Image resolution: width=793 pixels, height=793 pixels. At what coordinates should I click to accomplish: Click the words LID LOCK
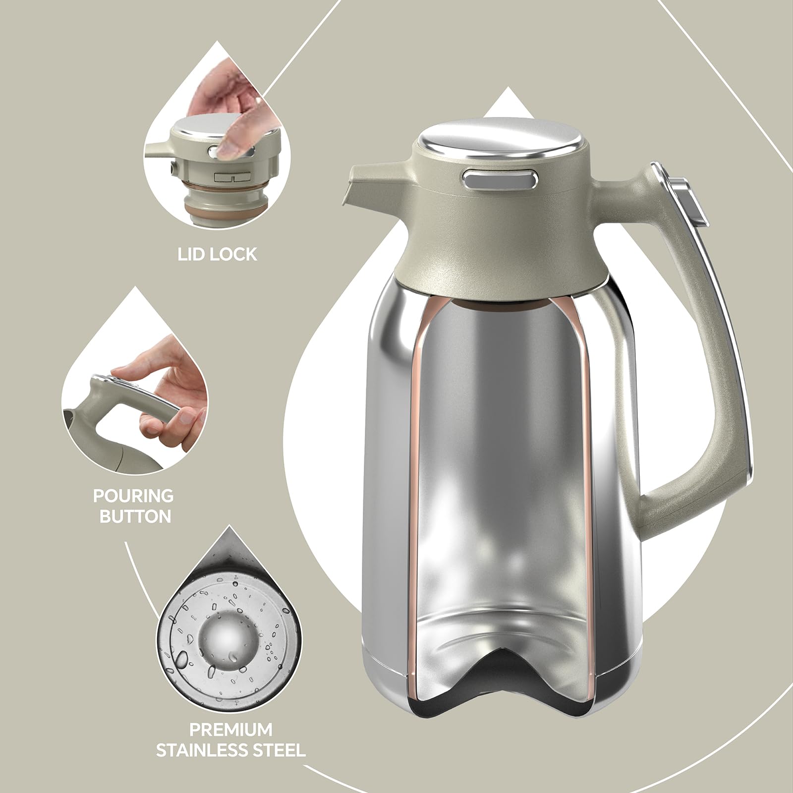(x=218, y=254)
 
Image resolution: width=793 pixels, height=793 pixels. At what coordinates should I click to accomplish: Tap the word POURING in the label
(x=134, y=496)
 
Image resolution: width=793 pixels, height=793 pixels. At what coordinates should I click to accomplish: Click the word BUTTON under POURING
(x=135, y=516)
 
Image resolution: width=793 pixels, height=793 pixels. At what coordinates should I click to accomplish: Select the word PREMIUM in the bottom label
(x=231, y=730)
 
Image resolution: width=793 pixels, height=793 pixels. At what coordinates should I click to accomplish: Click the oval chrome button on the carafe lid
(x=501, y=178)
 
